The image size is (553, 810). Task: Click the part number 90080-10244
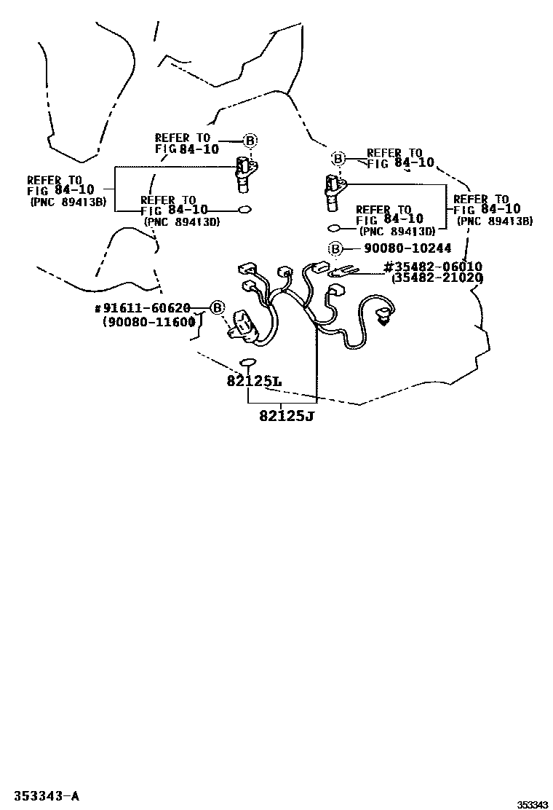tap(407, 248)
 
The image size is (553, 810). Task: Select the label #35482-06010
tap(434, 267)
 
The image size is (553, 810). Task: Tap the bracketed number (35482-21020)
tap(437, 278)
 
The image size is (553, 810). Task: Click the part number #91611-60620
tap(143, 308)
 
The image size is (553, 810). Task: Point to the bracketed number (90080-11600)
tap(149, 321)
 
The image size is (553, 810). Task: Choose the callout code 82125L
tap(254, 382)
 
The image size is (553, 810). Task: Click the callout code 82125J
tap(286, 415)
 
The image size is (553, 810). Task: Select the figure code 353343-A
tap(47, 795)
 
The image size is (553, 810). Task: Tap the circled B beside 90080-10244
tap(335, 249)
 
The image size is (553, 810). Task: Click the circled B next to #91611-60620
tap(218, 308)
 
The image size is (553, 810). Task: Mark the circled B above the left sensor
tap(250, 141)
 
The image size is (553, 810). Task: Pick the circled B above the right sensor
tap(338, 158)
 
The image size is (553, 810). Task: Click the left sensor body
tap(245, 174)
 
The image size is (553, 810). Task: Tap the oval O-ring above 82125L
tap(248, 362)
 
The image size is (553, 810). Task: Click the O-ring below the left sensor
tap(244, 210)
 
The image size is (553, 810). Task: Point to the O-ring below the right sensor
tap(334, 228)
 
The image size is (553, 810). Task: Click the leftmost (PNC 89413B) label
tap(68, 202)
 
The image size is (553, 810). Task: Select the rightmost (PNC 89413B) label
tap(495, 221)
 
